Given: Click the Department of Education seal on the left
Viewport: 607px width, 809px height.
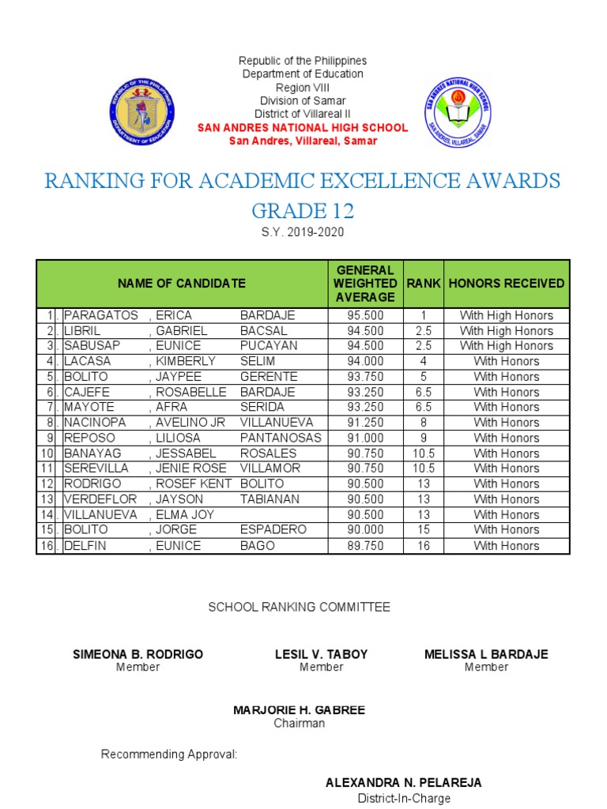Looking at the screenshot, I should pos(142,111).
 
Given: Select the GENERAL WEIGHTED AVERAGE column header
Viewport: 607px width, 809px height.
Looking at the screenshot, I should pos(364,284).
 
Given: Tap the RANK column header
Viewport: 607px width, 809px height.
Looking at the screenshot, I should pos(424,284).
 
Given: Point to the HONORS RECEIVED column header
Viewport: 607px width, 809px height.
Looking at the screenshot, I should pos(507,284).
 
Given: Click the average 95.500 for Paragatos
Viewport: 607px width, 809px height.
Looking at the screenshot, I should pos(364,315).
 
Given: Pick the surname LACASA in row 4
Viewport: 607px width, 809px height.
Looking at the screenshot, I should pos(88,361).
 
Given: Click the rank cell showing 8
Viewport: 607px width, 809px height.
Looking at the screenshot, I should pos(424,423).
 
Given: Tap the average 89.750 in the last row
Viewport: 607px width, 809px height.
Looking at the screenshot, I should pos(364,546).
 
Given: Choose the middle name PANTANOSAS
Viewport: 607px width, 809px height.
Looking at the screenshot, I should pos(281,438).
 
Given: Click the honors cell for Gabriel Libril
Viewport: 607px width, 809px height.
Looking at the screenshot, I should pos(507,331).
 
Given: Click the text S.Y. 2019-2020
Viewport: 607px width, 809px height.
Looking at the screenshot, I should pos(303,232).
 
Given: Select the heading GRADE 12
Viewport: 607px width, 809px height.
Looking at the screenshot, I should pos(303,211).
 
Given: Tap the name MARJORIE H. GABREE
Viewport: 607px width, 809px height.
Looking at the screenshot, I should pos(299,710).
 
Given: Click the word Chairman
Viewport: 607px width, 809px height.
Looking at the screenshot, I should pos(299,723).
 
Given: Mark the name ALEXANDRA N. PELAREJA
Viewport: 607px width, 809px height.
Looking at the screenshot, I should pos(403,783).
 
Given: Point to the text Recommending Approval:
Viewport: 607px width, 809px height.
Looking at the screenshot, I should pos(169,754).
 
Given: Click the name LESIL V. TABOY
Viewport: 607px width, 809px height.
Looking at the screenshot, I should pos(321,654).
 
